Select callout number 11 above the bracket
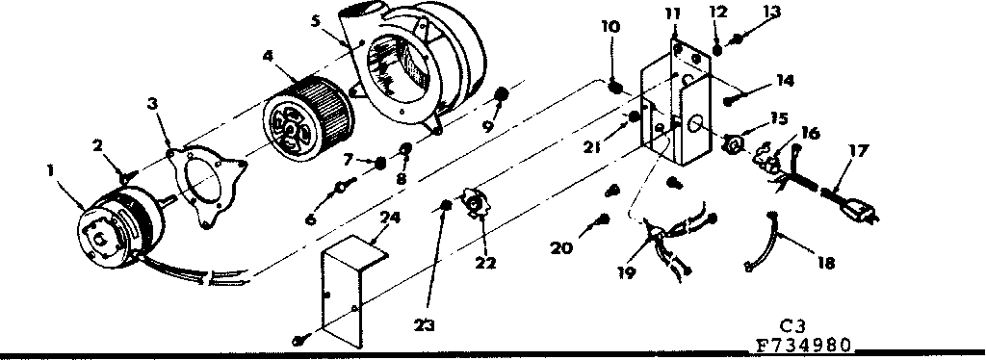(671, 13)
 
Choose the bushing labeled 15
(734, 144)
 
